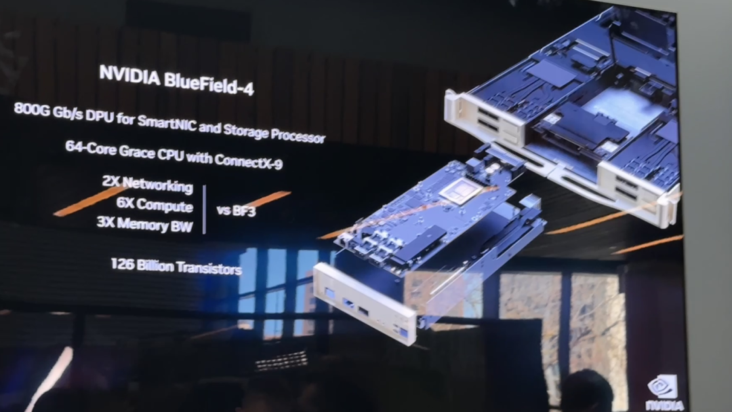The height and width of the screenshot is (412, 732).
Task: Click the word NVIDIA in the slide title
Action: [129, 76]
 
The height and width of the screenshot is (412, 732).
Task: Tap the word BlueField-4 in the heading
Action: [209, 83]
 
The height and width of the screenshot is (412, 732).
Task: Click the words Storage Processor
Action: [274, 132]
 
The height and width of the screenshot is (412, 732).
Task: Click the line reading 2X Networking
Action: [148, 184]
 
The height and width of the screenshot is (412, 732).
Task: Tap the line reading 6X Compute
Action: [155, 205]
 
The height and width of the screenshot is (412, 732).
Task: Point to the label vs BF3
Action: [237, 211]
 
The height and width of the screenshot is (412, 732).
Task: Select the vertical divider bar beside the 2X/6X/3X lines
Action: [205, 209]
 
